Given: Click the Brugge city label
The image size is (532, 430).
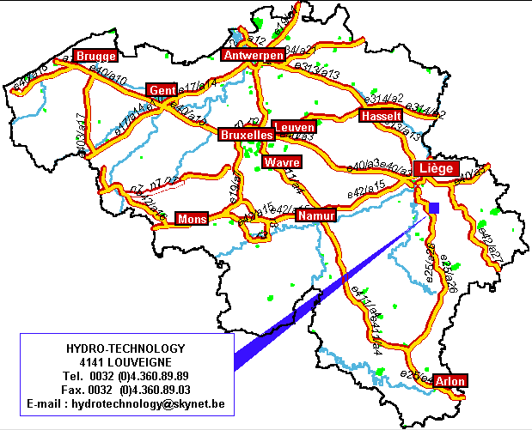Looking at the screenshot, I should point(95,56).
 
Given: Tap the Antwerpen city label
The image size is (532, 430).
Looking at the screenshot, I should point(253,56).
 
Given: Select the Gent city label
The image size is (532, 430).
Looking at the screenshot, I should point(162,90).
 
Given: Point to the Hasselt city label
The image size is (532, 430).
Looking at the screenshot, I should point(381,116).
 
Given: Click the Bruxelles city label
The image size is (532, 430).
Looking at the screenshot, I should point(247,136).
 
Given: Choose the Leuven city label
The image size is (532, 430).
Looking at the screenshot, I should point(293,127).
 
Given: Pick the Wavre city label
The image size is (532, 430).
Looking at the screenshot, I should point(282,162).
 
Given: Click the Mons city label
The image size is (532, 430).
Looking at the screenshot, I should point(192,219).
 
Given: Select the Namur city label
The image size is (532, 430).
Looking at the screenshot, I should point(315,215).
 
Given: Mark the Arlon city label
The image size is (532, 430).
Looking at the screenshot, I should point(450,381).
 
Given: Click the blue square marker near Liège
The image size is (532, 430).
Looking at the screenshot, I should point(435,208).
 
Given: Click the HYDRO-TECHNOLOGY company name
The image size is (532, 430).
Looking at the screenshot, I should point(125,348).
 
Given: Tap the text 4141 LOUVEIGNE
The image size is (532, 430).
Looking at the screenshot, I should point(125,362).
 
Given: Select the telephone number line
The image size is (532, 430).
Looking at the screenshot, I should point(125,376).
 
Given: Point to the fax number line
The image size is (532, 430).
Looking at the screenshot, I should point(125,389).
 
